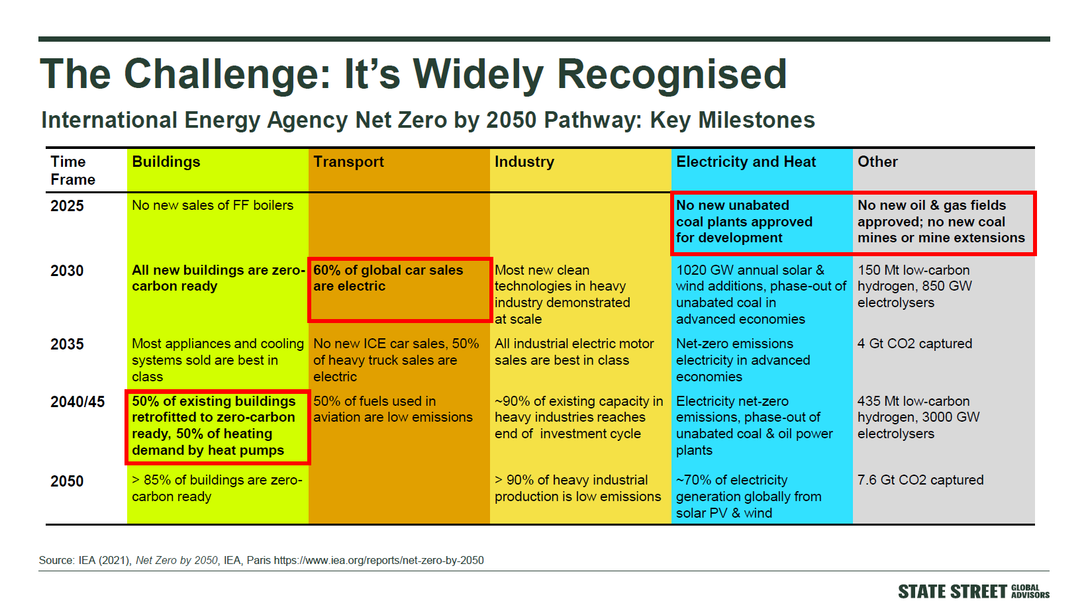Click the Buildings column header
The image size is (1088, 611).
point(166,162)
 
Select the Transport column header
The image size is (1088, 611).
point(348,162)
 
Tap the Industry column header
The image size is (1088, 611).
point(524,162)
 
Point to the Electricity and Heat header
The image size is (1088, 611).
point(746,162)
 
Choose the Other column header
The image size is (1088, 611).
point(877,162)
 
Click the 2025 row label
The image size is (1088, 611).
point(67,206)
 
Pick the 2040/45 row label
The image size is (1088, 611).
point(77,402)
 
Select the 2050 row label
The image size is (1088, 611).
point(67,481)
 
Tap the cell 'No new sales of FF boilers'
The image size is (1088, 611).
point(213,205)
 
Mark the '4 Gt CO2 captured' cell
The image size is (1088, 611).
point(915,344)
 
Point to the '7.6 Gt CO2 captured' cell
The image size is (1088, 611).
point(920,481)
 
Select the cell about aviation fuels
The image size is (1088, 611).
point(393,410)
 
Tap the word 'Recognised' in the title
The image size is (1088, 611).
point(671,74)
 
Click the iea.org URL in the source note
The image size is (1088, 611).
point(379,561)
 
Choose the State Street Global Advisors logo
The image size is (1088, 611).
point(973,592)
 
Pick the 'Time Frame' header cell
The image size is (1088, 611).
point(73,171)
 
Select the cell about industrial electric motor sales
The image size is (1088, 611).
point(574,352)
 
